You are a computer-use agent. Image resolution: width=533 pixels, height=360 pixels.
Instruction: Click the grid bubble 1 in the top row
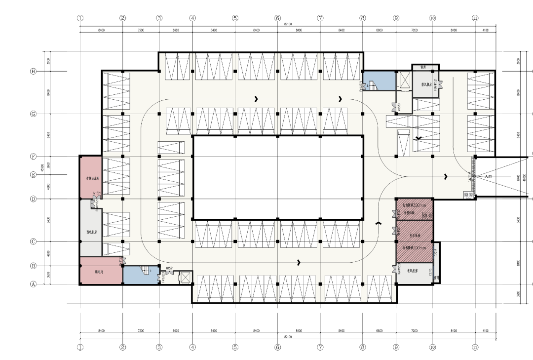pos(80,18)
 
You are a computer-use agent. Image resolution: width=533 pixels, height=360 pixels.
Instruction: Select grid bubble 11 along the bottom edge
pos(475,347)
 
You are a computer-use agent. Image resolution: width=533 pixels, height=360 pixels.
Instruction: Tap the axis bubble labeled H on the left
pos(34,71)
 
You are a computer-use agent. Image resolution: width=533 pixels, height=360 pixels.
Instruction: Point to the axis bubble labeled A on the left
pos(34,284)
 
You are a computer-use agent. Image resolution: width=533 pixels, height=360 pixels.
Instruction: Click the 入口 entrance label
pos(489,176)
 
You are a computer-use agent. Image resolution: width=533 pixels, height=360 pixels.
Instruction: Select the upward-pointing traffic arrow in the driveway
pos(379,224)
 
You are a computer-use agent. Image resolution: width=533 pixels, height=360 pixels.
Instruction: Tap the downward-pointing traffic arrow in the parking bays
pos(418,138)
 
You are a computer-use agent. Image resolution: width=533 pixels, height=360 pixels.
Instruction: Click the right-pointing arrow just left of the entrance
pos(446,176)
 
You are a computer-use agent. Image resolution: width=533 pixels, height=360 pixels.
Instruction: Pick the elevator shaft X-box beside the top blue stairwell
pos(405,80)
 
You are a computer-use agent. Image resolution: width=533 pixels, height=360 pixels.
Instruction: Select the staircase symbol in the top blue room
pos(372,86)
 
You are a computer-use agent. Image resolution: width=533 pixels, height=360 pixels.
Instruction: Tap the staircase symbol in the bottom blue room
pos(145,270)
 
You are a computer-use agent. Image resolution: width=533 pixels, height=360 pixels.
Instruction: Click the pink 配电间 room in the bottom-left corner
pos(100,271)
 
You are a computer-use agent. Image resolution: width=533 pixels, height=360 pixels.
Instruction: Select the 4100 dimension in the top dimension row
pos(485,30)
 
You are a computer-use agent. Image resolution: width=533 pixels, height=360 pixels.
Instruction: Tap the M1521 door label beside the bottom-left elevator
pos(171,268)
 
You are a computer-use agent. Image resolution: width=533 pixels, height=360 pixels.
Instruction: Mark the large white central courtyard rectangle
pos(277,177)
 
